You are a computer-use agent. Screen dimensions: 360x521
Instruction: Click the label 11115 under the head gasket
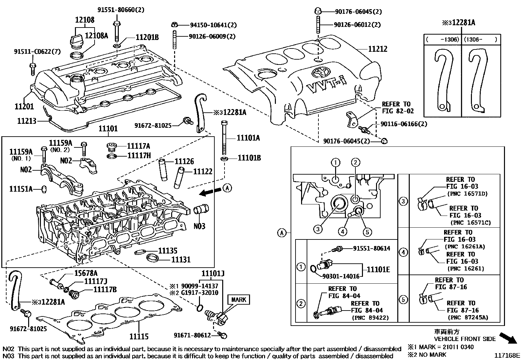(x=139, y=336)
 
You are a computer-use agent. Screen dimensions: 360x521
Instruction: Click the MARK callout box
(x=239, y=299)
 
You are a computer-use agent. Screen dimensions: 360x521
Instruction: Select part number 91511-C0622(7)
(x=32, y=52)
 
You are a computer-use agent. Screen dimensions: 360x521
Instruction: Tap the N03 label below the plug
(x=199, y=226)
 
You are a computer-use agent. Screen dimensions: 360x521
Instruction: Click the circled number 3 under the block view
(x=318, y=229)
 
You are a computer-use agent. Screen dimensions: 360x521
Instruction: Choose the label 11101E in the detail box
(x=378, y=269)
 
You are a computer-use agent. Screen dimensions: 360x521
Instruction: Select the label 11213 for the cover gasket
(x=27, y=121)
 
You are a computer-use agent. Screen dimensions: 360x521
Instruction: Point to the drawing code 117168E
(x=507, y=355)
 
